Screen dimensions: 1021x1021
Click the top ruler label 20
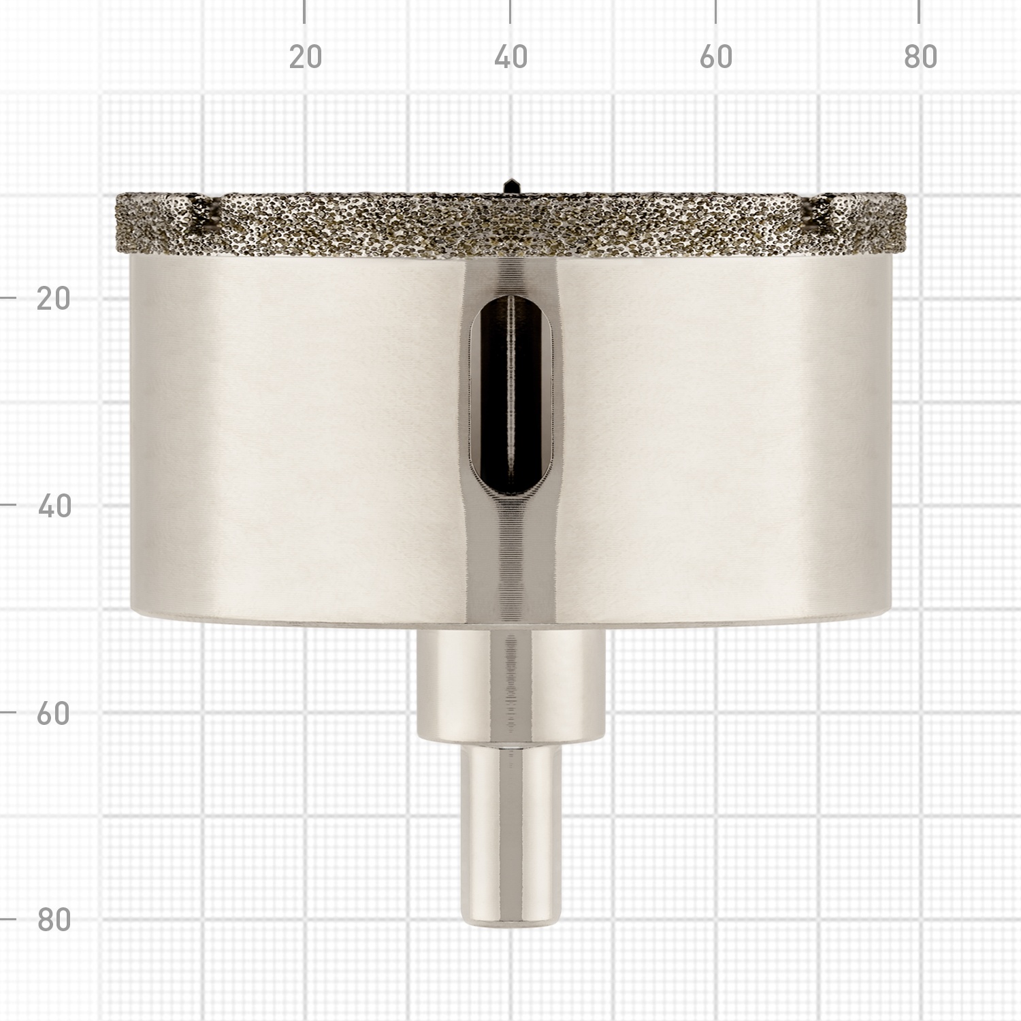tap(305, 57)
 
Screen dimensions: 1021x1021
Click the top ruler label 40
tap(510, 57)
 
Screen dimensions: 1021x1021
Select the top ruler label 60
tap(716, 57)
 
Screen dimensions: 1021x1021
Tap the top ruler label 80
tap(921, 57)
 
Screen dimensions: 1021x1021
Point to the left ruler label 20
tap(54, 299)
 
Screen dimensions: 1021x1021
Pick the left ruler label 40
tap(54, 506)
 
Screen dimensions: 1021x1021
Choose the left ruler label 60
tap(54, 713)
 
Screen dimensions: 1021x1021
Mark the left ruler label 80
tap(54, 920)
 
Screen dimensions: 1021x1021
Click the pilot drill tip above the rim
tap(510, 185)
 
